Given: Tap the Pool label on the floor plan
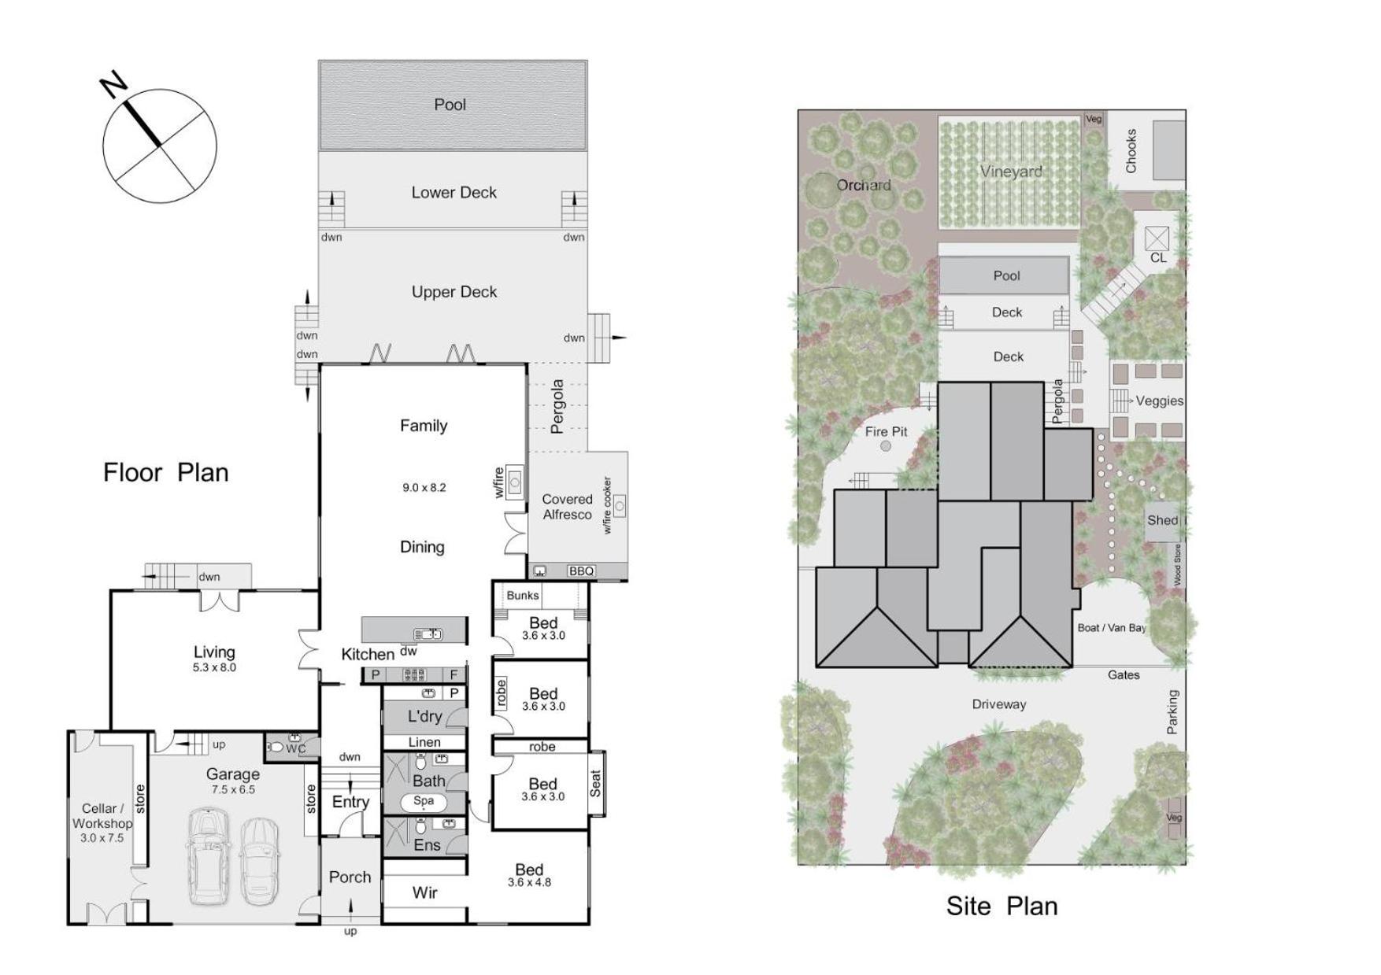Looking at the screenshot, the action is pos(450,105).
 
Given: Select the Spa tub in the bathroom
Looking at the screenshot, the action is pos(424,802).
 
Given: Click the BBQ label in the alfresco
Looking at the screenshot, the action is pos(581,571).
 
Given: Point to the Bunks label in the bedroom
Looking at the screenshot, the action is pos(523,596).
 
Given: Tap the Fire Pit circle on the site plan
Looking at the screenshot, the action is pos(886,446).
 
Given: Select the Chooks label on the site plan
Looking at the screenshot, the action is pos(1131,151).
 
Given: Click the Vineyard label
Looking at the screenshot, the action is pos(1011,172).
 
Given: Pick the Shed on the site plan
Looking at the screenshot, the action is pos(1163,520).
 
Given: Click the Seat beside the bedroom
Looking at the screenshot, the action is pos(596,784).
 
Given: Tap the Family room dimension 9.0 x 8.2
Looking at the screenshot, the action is pos(424,488).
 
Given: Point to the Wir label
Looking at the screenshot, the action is pos(425,892).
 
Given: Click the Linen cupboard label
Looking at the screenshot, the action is pos(424,742).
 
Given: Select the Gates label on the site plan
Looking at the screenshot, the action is pos(1124,675).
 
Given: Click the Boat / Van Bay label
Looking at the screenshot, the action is pos(1112,628).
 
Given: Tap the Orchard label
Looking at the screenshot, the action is pos(864,186).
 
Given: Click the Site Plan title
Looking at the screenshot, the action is pos(1002,906).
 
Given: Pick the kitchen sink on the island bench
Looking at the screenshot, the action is pos(428,634).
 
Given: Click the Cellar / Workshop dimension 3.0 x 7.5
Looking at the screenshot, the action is pos(102,838).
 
